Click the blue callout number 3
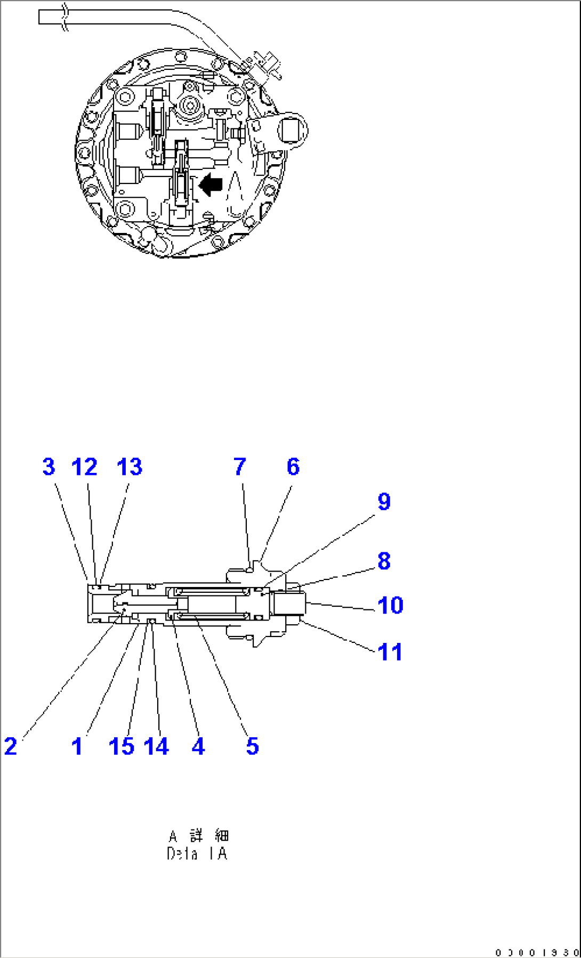click(x=49, y=467)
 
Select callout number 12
click(x=84, y=467)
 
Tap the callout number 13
click(x=130, y=467)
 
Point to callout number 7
click(x=240, y=467)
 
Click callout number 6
click(x=293, y=467)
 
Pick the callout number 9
click(x=384, y=502)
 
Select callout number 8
click(x=384, y=561)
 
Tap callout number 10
click(x=390, y=606)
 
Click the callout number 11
click(x=390, y=652)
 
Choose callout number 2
click(x=11, y=746)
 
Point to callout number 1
click(x=77, y=746)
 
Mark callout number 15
click(x=121, y=746)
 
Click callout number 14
click(x=156, y=746)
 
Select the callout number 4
click(x=198, y=746)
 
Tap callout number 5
click(x=253, y=746)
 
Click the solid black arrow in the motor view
click(x=211, y=184)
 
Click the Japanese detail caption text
click(x=198, y=835)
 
